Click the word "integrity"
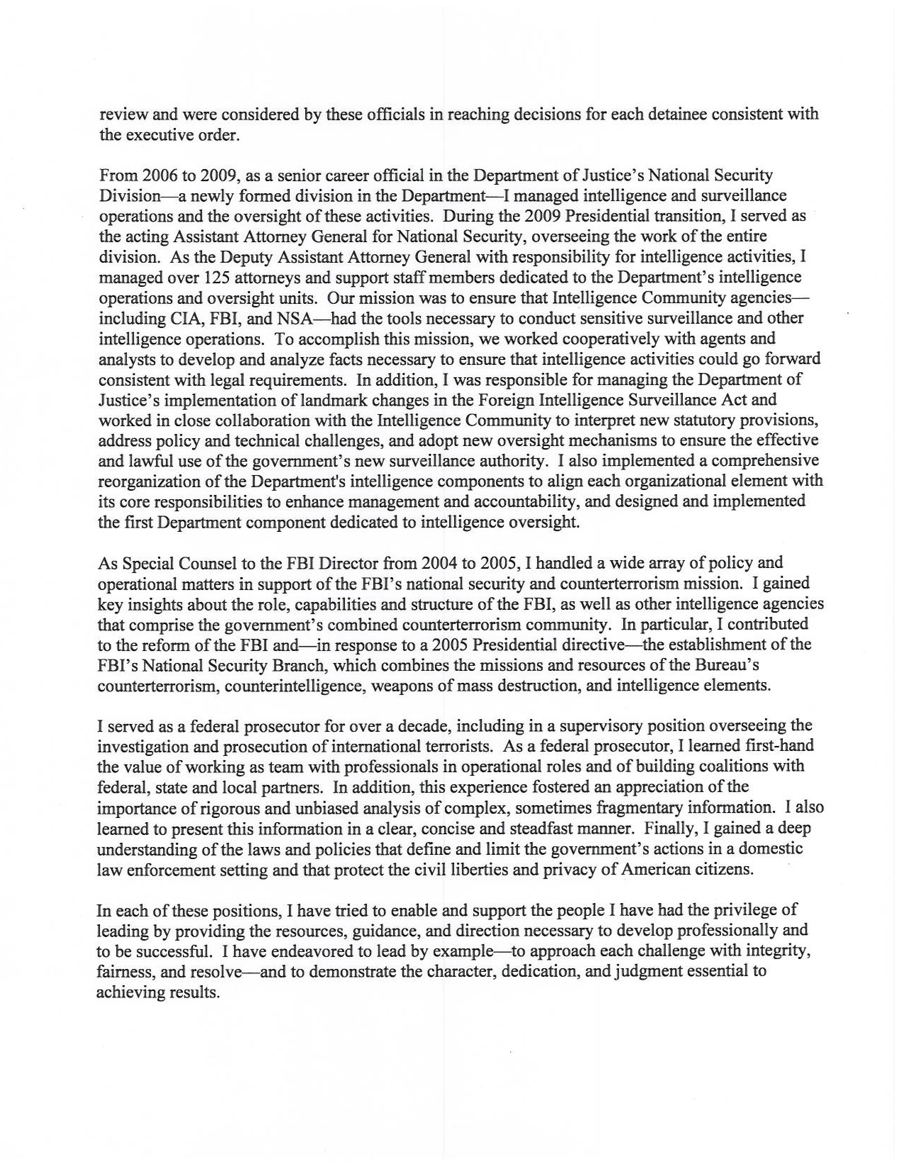(x=774, y=951)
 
